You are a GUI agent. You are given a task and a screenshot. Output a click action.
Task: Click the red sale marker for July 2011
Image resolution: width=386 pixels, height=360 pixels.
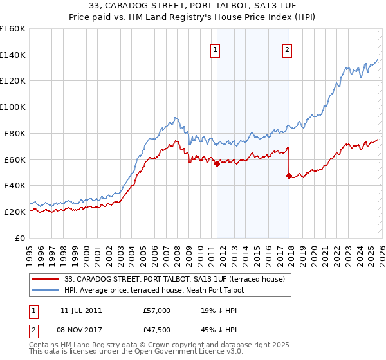coord(217,163)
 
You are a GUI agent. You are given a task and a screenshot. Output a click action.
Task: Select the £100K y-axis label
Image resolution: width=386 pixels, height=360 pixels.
coord(13,107)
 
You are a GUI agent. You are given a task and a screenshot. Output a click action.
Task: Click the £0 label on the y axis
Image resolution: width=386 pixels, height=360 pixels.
coord(19,238)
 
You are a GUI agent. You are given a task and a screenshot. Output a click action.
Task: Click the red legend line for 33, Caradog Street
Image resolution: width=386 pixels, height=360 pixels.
coord(46,279)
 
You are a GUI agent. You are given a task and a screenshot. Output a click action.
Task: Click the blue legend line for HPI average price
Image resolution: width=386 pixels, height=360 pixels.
coord(46,290)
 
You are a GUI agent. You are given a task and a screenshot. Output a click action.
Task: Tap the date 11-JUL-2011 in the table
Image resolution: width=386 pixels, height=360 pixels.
coord(78,310)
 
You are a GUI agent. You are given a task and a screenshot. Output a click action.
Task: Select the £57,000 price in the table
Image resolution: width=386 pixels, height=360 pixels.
coord(157,310)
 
